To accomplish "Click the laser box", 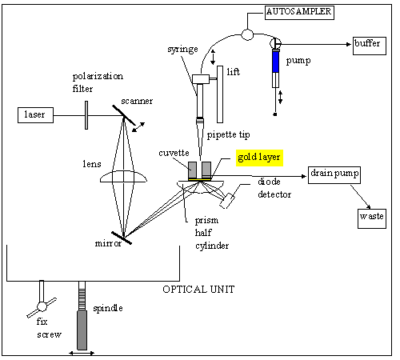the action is (x=35, y=115).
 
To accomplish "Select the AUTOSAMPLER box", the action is (x=299, y=13).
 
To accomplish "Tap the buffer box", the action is (x=370, y=46).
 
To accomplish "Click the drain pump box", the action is (x=334, y=175).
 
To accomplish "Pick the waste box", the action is (x=372, y=218).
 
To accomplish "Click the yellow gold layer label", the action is (x=259, y=158).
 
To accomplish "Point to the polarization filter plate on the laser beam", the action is (x=86, y=115).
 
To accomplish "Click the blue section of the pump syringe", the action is (x=276, y=62).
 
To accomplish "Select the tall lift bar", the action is (x=220, y=94).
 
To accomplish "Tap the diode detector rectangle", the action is (x=227, y=201).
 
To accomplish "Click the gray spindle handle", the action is (x=82, y=330).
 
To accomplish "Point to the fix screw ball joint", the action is (x=42, y=306).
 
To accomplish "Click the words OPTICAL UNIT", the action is (x=198, y=290).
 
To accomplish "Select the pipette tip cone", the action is (x=200, y=138).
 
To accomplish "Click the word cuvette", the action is (x=174, y=153).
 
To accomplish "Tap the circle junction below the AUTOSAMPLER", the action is (x=247, y=34).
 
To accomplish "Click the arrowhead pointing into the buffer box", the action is (x=349, y=44).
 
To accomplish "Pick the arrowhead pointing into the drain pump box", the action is (x=303, y=176).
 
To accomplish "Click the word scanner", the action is (x=137, y=102).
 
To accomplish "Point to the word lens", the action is (x=92, y=164).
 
